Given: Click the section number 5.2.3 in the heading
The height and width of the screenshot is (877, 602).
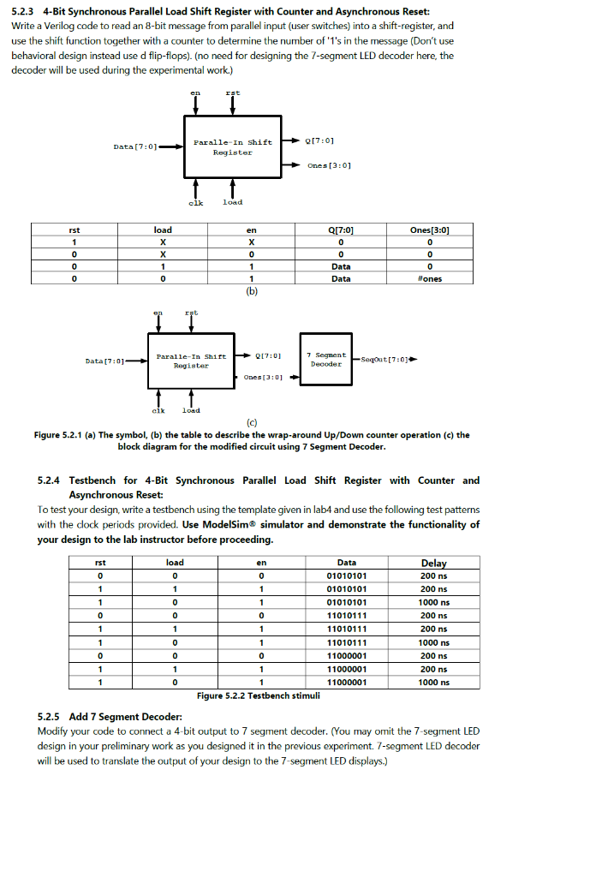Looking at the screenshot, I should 23,11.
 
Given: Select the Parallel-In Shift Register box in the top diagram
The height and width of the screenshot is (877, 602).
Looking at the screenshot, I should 232,146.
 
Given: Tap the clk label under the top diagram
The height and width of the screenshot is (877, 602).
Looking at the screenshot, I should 195,202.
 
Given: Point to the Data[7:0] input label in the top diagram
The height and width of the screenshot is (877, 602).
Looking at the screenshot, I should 134,146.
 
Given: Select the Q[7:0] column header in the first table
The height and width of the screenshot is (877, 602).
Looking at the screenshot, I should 341,230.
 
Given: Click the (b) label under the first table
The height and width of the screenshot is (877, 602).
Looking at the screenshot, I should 251,290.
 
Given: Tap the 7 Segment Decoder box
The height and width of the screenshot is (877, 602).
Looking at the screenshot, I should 326,359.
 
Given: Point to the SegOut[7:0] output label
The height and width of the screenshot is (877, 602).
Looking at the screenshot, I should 386,359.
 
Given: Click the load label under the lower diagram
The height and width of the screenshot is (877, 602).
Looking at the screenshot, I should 191,410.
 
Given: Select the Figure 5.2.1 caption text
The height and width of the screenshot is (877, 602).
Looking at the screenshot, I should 251,440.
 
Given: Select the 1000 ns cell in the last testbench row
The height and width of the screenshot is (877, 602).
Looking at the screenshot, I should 433,682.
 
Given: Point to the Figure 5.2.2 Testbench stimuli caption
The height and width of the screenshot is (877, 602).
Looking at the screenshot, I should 258,695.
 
